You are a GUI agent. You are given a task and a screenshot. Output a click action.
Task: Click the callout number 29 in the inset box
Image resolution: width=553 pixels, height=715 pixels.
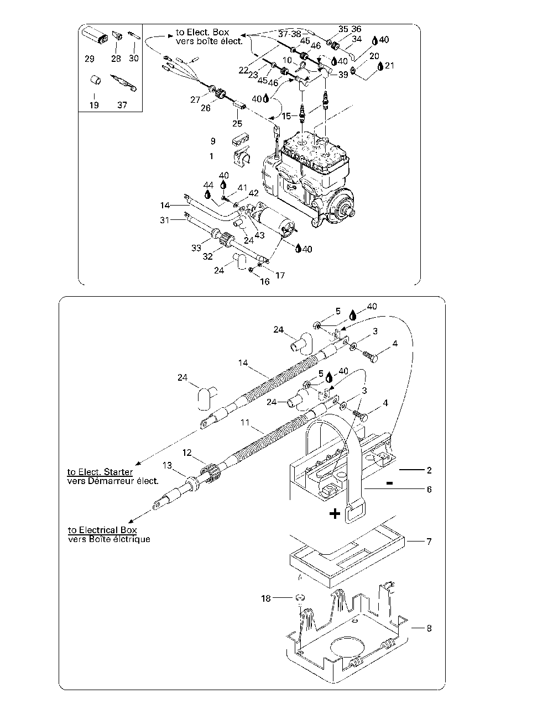(90, 59)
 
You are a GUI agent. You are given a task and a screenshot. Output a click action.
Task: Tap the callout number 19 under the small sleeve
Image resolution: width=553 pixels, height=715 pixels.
(94, 105)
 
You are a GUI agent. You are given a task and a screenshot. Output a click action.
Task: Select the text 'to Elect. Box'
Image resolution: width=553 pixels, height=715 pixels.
(202, 32)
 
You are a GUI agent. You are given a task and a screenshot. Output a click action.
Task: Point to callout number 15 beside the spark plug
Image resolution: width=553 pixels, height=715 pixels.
(286, 116)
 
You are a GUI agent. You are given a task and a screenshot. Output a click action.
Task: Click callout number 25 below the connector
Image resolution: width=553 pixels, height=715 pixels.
(237, 123)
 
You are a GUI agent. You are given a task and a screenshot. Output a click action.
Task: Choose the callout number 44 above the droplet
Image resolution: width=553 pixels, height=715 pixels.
(208, 185)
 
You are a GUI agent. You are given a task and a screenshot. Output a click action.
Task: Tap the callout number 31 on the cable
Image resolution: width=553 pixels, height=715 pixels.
(165, 220)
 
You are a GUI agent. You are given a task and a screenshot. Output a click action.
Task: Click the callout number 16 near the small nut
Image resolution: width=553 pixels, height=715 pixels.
(265, 281)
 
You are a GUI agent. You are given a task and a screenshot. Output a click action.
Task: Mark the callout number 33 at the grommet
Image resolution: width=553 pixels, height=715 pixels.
(196, 248)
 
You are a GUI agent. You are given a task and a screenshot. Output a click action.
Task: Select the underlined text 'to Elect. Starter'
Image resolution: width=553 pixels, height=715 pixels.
(100, 472)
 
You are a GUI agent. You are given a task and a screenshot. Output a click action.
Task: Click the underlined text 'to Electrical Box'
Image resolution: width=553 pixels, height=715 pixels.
(102, 530)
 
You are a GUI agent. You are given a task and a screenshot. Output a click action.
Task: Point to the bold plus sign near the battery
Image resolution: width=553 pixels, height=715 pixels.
(335, 514)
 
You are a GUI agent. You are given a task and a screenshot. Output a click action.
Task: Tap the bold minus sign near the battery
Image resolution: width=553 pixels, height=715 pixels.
(389, 483)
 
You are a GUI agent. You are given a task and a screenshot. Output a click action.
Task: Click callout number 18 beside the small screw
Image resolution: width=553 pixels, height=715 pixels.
(266, 598)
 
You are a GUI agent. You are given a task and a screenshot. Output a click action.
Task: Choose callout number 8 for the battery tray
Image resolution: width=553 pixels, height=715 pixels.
(429, 628)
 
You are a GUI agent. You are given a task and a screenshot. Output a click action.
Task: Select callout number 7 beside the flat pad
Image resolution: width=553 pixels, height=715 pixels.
(429, 541)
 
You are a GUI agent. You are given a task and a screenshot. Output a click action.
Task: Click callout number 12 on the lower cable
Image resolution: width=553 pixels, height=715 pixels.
(187, 453)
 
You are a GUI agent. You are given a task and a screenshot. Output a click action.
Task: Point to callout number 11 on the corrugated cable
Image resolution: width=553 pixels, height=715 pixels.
(245, 422)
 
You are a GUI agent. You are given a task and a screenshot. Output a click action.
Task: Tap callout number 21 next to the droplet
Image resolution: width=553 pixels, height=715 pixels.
(389, 66)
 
